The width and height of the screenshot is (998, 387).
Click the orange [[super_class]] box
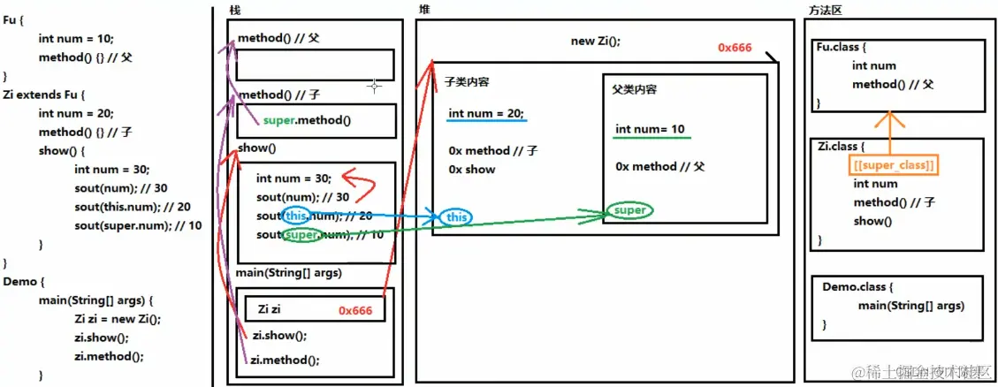click(x=894, y=165)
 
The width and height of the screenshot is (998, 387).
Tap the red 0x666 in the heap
click(x=735, y=48)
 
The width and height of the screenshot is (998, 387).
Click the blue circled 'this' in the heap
click(x=457, y=217)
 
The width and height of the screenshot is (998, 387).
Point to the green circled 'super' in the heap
click(x=629, y=211)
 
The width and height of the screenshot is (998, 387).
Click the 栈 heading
click(x=234, y=10)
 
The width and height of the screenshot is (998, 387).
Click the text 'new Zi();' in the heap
click(x=596, y=41)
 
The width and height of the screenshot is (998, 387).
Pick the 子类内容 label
click(x=467, y=82)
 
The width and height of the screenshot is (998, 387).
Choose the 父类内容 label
click(x=634, y=90)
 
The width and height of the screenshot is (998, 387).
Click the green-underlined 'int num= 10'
click(x=650, y=130)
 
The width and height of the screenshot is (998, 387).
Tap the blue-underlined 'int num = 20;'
click(x=486, y=113)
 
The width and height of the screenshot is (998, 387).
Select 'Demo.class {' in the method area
click(x=857, y=288)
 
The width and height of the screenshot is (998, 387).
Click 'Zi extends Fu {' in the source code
click(x=47, y=95)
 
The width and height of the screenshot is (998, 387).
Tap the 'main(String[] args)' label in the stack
click(x=288, y=273)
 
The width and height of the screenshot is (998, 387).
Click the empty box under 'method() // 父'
click(x=315, y=64)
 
